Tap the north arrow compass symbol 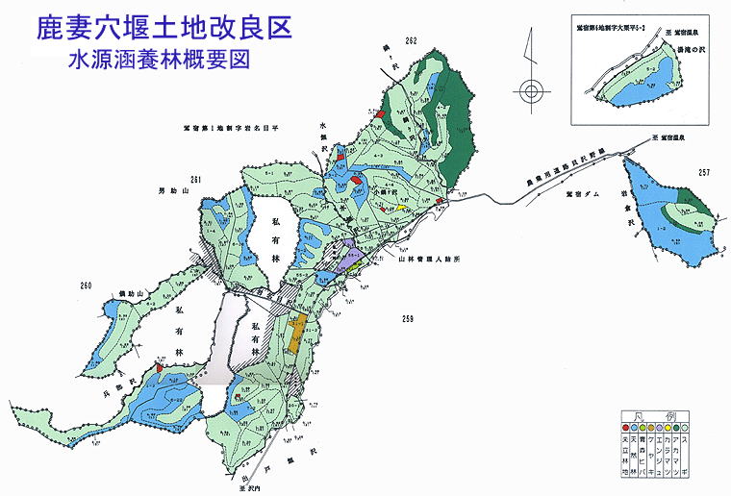pos(529,92)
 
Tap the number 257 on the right pos(704,172)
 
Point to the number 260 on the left pos(88,285)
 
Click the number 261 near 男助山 pos(198,180)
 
